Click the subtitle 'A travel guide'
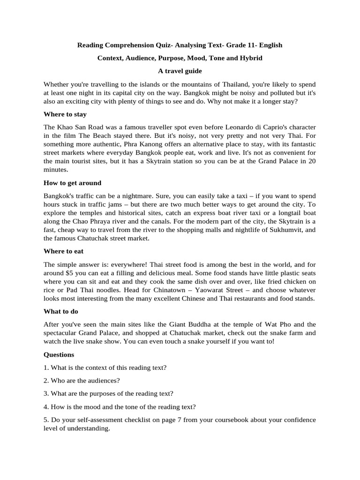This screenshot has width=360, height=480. [180, 71]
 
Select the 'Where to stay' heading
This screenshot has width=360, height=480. [65, 114]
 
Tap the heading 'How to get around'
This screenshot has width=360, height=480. [72, 183]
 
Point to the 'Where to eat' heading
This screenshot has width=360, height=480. [63, 251]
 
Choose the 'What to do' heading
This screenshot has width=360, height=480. [61, 311]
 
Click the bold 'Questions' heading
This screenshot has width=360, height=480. [59, 354]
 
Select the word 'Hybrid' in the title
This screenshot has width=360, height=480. [249, 58]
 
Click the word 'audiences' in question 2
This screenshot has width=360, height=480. [104, 381]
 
